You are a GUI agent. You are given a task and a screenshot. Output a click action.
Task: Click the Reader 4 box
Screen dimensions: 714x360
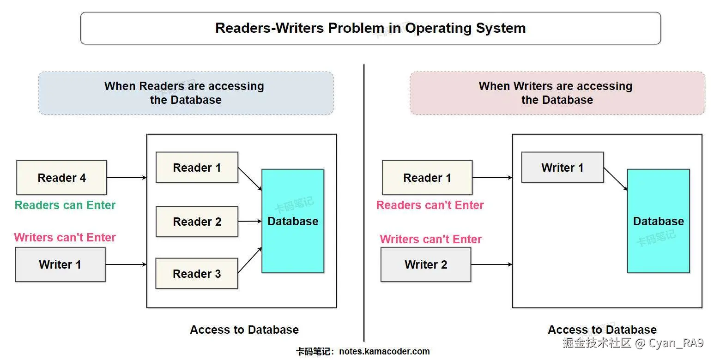point(61,177)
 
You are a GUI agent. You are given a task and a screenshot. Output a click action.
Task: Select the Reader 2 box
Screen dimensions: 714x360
point(197,222)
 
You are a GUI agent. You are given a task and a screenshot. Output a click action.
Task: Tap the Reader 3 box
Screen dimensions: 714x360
point(197,273)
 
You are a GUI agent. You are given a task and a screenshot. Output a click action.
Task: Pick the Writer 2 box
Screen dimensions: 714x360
point(426,264)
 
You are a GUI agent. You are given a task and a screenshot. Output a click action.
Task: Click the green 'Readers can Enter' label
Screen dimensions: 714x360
point(65,205)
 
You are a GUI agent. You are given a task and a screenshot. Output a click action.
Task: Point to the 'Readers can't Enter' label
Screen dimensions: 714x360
point(430,205)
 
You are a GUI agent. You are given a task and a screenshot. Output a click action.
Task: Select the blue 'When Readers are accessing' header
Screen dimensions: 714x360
point(186,93)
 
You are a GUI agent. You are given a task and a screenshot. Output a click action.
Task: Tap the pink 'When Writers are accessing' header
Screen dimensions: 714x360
point(557,93)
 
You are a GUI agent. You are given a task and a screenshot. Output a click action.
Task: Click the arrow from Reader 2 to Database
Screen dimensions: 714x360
point(250,221)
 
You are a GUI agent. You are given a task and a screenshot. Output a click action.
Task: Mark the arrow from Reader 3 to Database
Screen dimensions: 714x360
point(250,260)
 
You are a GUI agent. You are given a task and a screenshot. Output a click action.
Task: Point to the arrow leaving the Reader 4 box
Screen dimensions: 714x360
point(127,177)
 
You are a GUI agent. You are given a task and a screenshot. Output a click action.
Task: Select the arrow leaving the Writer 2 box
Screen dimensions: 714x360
point(491,264)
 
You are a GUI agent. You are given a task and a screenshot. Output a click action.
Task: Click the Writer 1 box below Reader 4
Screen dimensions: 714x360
point(60,264)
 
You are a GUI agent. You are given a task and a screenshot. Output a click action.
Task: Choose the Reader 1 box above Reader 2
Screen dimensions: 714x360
point(197,167)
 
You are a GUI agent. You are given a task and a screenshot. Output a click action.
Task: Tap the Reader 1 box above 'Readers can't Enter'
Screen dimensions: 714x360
point(427,177)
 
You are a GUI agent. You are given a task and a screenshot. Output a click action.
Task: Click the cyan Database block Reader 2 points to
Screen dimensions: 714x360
point(293,221)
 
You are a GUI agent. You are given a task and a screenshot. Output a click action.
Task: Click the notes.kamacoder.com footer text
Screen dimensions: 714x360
point(384,351)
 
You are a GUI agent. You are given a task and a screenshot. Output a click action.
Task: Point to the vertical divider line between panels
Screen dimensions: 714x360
point(363,203)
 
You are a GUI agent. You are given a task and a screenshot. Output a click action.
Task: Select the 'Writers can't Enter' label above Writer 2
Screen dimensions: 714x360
point(430,239)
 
